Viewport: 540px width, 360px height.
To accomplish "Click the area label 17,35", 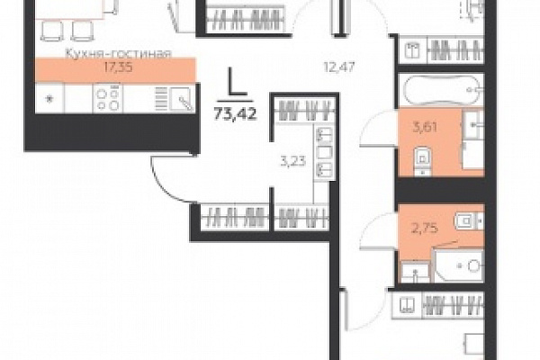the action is coord(118,67).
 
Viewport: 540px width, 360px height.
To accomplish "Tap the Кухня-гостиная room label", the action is coord(118,54).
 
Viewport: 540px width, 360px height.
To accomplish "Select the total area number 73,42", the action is coord(236,113).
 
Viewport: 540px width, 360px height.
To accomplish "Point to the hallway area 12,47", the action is coord(339,67).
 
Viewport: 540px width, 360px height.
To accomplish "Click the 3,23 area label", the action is coord(293,161).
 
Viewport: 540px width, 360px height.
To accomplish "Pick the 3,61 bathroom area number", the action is coord(425,128).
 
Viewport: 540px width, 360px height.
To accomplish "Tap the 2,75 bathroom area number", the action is coord(425,228).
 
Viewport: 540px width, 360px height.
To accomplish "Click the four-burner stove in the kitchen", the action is coord(108,98).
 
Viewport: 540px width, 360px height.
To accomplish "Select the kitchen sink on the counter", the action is coord(181,99).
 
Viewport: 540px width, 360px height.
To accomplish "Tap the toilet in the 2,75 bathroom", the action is coord(469,220).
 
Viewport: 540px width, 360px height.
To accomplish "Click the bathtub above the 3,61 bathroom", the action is coord(442,91).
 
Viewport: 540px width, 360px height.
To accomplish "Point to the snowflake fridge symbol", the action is coord(49,99).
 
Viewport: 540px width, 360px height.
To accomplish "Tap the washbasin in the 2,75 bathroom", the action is coord(416,271).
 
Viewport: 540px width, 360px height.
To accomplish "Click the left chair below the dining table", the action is coord(51,31).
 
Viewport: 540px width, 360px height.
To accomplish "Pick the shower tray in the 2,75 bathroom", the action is coord(459,265).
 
